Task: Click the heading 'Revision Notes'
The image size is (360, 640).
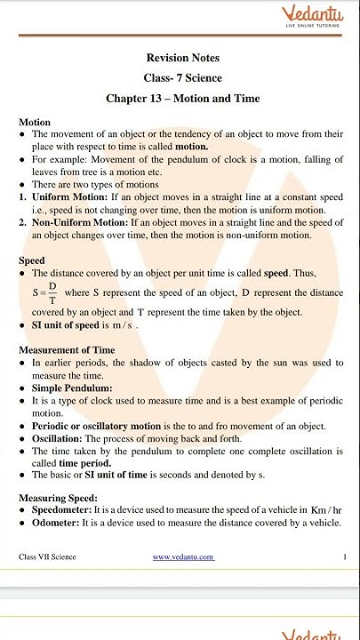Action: coord(183,58)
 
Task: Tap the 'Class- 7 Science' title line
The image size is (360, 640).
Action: coord(182,78)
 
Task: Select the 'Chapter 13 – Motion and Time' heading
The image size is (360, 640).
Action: coord(182,98)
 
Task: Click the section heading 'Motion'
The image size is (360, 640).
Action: coord(35,122)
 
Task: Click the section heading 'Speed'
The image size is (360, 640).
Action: coord(32,260)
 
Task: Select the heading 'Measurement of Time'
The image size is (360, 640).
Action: coord(67,350)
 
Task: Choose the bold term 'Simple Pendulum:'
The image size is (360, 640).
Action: coord(72,388)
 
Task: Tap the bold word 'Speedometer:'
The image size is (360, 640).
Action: coord(66,511)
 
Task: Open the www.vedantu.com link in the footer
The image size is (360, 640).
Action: coord(182,557)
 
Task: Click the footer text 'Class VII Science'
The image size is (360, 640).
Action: coord(47,557)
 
